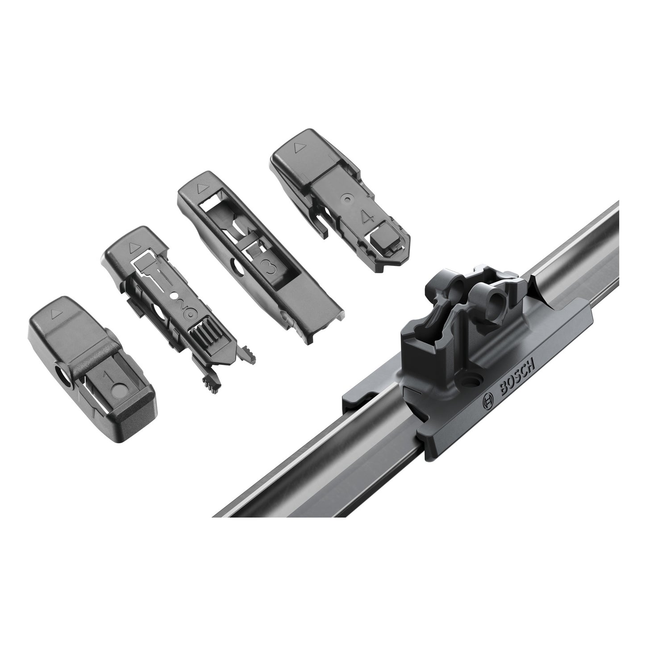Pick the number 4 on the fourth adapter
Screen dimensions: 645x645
point(368,218)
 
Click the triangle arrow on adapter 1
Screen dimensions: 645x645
point(54,314)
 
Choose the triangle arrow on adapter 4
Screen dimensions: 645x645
point(297,146)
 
